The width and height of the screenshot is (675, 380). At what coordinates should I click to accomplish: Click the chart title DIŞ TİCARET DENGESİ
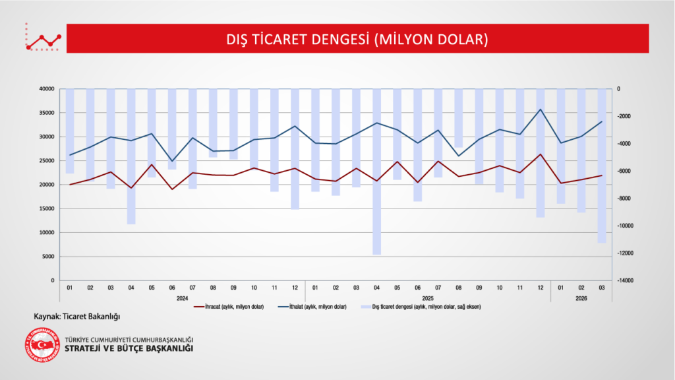[357, 40]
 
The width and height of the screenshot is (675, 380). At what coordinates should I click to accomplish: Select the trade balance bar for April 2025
[377, 172]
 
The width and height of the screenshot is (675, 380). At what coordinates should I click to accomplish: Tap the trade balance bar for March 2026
[602, 165]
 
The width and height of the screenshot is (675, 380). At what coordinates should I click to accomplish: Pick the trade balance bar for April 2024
[131, 156]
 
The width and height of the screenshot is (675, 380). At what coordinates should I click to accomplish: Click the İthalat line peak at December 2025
[541, 110]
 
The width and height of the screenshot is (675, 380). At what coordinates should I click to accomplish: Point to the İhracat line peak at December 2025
[541, 154]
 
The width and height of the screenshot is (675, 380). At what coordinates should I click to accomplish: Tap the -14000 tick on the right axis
[625, 280]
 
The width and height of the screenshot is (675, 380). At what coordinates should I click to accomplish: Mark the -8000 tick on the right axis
[624, 199]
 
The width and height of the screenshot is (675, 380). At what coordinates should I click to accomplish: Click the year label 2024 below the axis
[183, 298]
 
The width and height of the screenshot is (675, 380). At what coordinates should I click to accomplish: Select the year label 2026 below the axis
[581, 298]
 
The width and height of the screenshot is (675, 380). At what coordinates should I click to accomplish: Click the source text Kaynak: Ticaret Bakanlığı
[76, 317]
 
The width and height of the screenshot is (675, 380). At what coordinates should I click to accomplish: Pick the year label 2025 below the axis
[428, 298]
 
